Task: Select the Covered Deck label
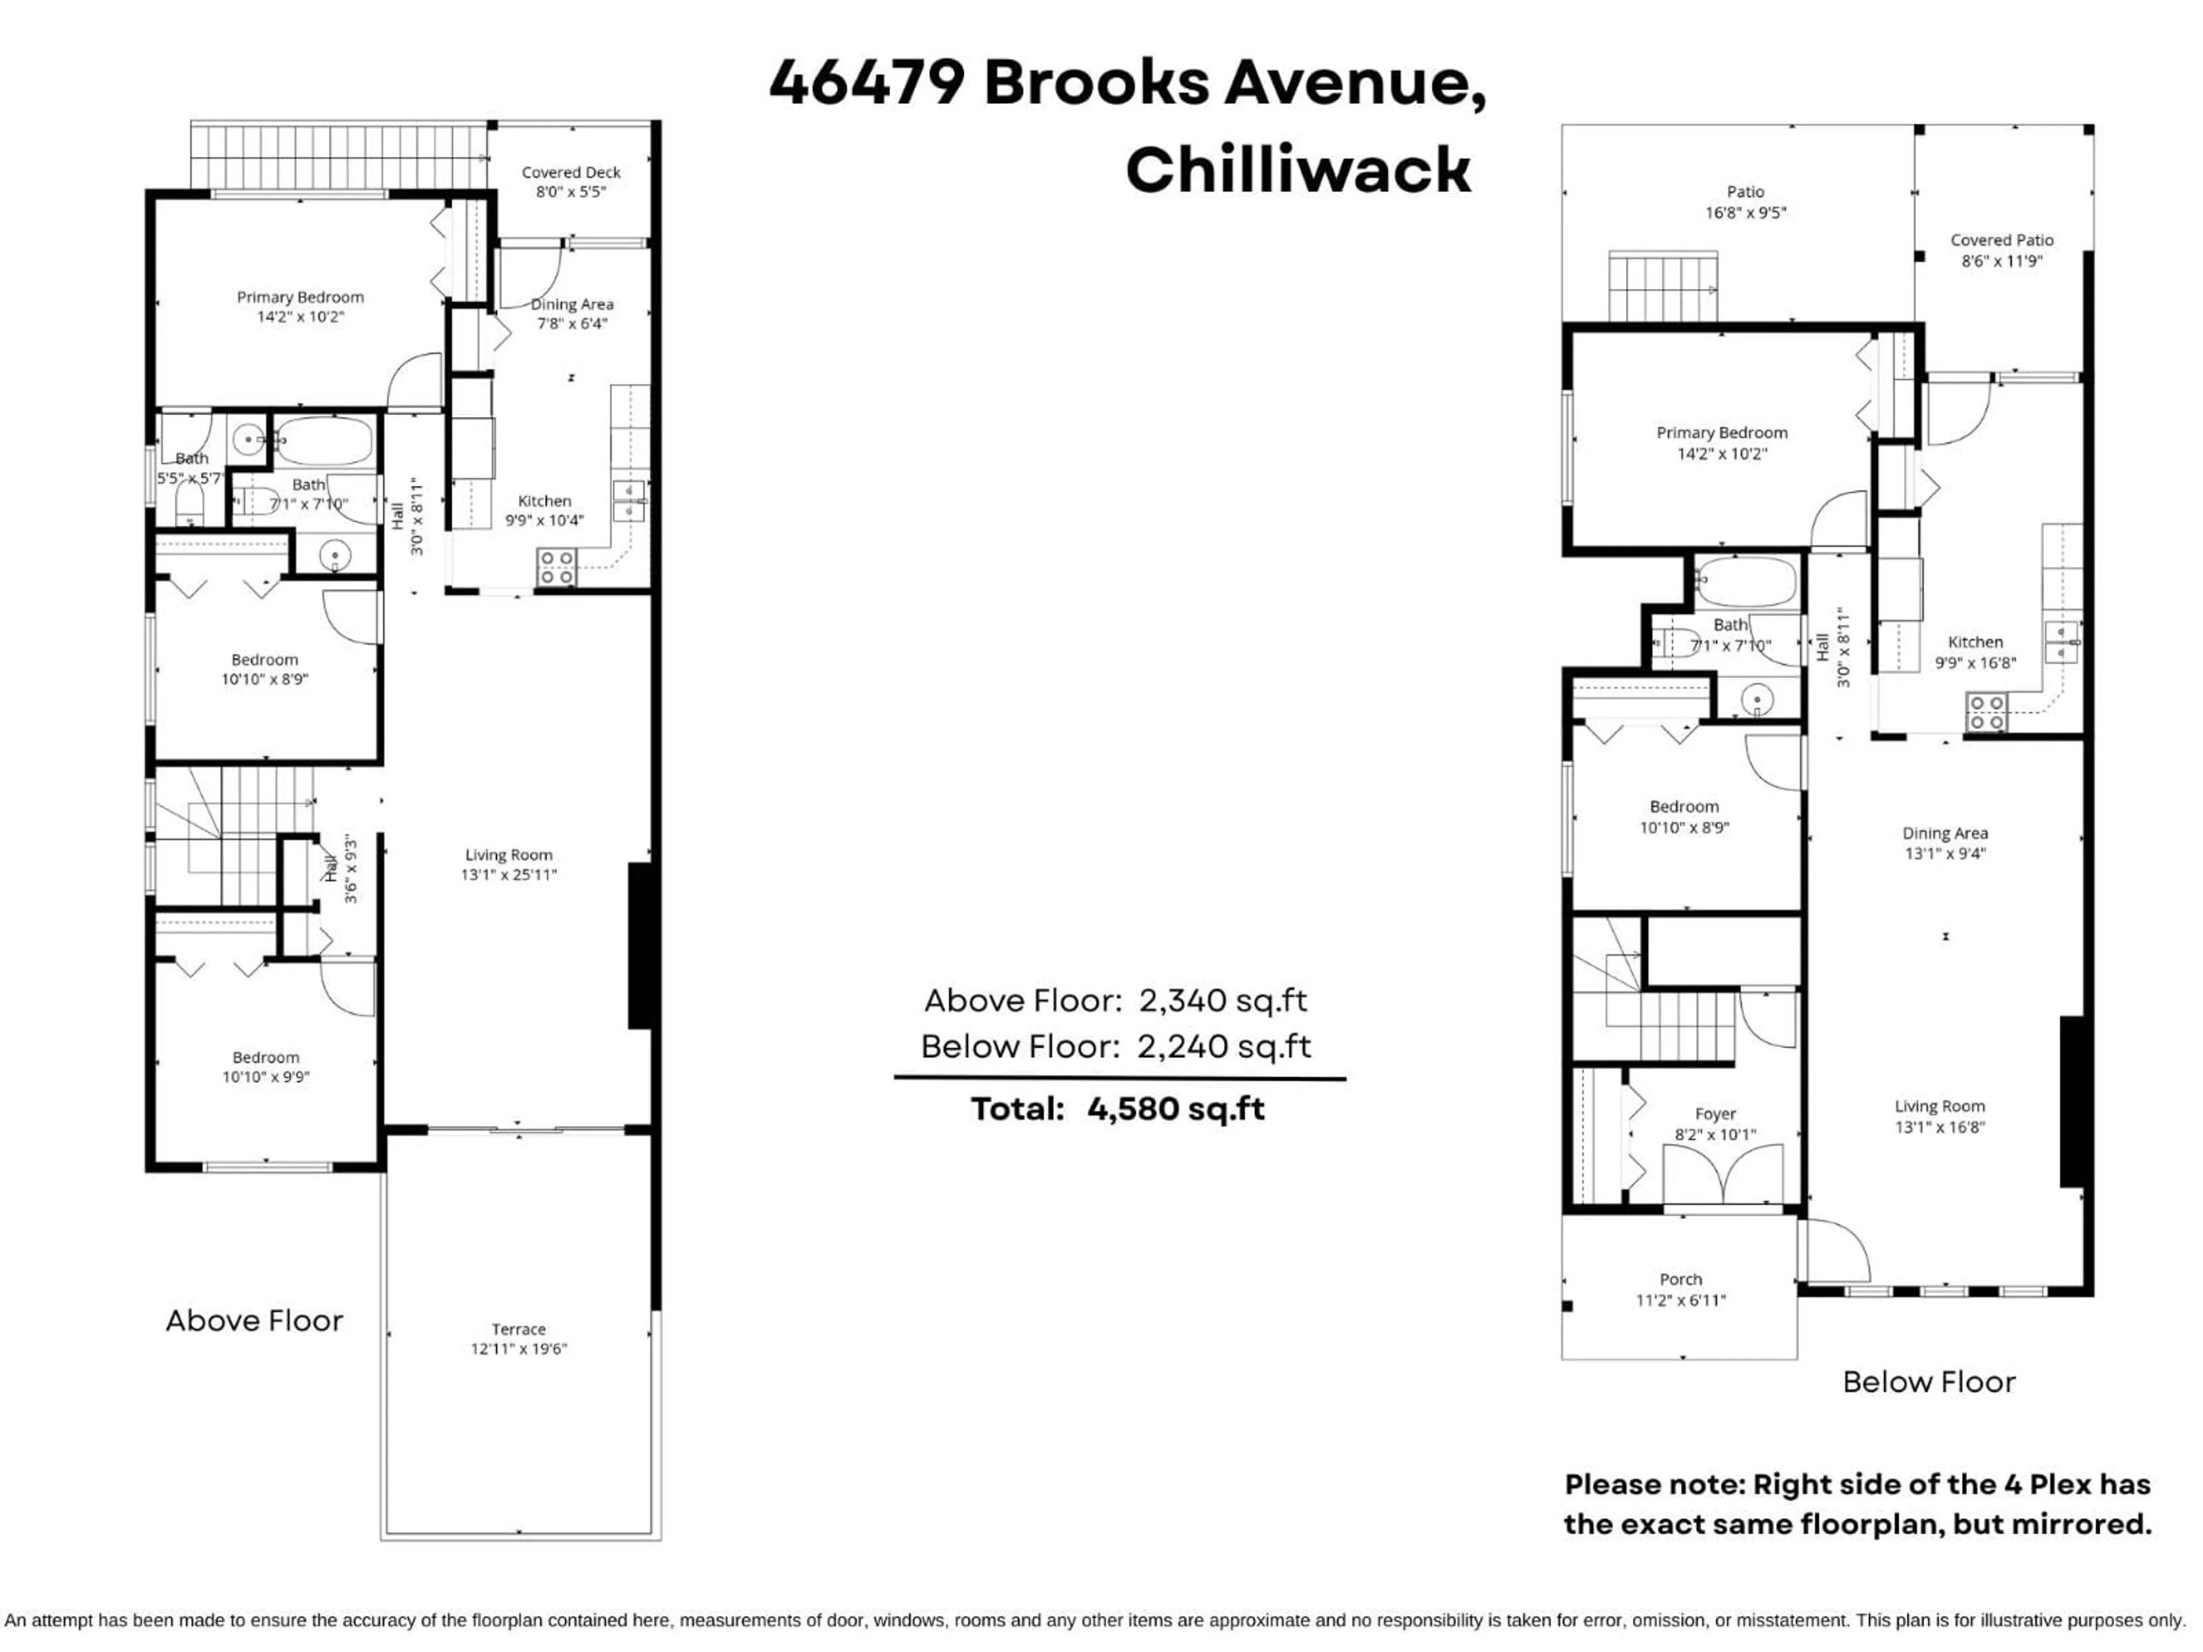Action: pyautogui.click(x=571, y=172)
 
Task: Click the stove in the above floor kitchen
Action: pyautogui.click(x=556, y=568)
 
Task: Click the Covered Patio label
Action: pyautogui.click(x=2002, y=240)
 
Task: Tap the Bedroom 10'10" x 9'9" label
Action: pyautogui.click(x=266, y=1066)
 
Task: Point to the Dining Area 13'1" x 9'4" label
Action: pyautogui.click(x=1944, y=843)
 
